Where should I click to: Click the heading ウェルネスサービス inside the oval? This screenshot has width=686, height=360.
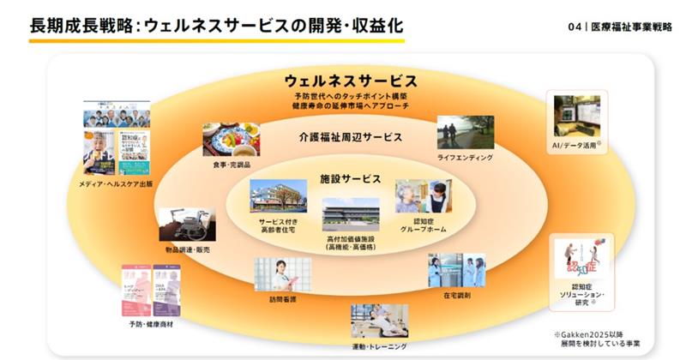click(x=351, y=81)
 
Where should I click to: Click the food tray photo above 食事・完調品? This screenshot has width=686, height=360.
click(x=231, y=137)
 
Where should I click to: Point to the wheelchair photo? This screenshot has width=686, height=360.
click(x=186, y=225)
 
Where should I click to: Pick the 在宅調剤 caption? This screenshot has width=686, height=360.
click(x=456, y=295)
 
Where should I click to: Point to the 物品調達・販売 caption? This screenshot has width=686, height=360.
click(x=186, y=249)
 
